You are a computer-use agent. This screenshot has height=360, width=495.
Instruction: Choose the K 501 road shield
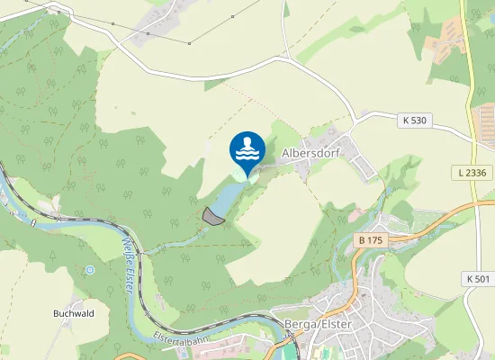point(477,279)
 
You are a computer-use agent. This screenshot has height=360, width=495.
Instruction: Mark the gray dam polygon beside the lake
point(213,215)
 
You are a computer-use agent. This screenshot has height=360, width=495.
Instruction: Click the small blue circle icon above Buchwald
point(90,269)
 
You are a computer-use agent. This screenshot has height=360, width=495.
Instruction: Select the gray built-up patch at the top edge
point(162,22)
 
